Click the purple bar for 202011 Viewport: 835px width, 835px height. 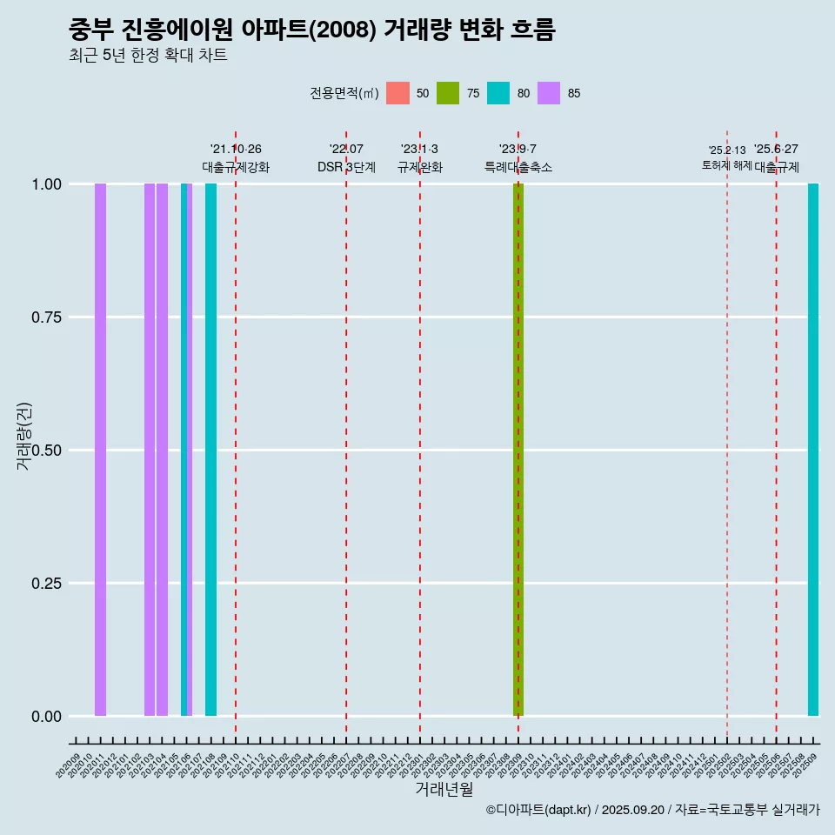[x=100, y=450]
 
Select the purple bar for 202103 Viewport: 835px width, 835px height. [x=150, y=450]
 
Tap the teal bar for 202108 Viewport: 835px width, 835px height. [x=210, y=450]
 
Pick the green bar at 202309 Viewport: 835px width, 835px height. [x=518, y=450]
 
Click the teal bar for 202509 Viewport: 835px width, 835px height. [x=813, y=450]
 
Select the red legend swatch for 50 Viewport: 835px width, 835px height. [x=397, y=93]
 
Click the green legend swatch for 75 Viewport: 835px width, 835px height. [x=448, y=93]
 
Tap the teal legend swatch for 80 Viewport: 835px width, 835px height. [x=498, y=93]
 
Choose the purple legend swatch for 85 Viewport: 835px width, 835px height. [x=549, y=93]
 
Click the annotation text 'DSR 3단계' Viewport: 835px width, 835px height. [x=346, y=167]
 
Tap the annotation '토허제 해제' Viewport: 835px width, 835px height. [x=726, y=165]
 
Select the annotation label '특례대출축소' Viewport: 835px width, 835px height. [x=518, y=167]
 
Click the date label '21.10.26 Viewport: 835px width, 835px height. [x=236, y=150]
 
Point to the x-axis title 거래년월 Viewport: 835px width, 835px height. [x=444, y=790]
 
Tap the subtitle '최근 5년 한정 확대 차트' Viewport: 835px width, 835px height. [x=148, y=56]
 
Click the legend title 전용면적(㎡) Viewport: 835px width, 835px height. [x=344, y=93]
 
